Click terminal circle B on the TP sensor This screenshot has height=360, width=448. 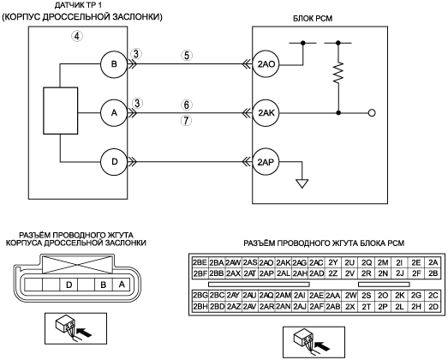(114, 64)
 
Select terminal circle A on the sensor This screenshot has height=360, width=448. (114, 113)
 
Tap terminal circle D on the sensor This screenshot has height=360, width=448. (114, 162)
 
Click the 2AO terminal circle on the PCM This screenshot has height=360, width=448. (266, 64)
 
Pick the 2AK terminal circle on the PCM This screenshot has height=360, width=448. (266, 113)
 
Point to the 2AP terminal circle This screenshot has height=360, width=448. (266, 162)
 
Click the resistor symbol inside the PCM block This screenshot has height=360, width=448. (338, 72)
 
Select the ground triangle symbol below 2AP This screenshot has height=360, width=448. (302, 183)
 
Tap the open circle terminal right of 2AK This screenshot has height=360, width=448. (372, 113)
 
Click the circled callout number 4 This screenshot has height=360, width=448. (77, 36)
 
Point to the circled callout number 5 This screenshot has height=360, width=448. (187, 55)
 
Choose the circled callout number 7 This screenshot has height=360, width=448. (186, 121)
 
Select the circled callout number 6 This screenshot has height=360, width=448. (186, 105)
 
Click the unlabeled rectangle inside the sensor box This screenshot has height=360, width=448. (60, 111)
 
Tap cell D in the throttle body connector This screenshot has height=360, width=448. (69, 285)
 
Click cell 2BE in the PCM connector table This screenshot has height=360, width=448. (200, 262)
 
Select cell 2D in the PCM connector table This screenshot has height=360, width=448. (433, 307)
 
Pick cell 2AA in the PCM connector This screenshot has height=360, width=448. (333, 296)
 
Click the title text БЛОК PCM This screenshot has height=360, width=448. (313, 19)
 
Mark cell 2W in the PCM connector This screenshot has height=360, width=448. (349, 296)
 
